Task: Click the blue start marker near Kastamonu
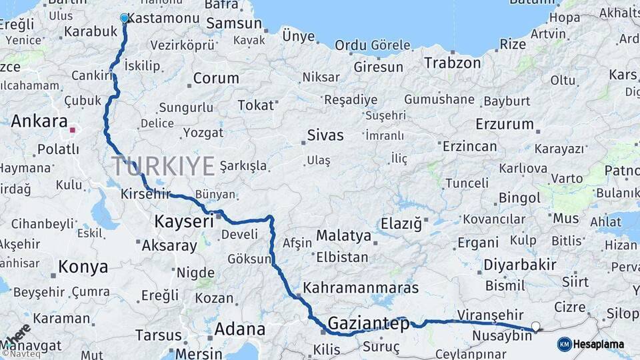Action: pyautogui.click(x=124, y=18)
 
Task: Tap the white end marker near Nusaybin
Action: pyautogui.click(x=535, y=327)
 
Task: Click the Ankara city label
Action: pyautogui.click(x=39, y=122)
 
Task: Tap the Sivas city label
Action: pyautogui.click(x=325, y=135)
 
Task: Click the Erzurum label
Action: pyautogui.click(x=505, y=124)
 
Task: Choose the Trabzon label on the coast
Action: pyautogui.click(x=453, y=63)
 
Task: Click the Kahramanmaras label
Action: pyautogui.click(x=361, y=288)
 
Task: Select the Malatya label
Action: pyautogui.click(x=343, y=235)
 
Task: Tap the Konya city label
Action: pyautogui.click(x=83, y=267)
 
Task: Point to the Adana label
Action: pyautogui.click(x=239, y=329)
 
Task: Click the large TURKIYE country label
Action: pyautogui.click(x=163, y=165)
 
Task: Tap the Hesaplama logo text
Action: pyautogui.click(x=599, y=344)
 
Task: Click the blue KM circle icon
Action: pyautogui.click(x=564, y=344)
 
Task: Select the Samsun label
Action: pyautogui.click(x=234, y=23)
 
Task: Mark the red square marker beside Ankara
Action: pyautogui.click(x=73, y=130)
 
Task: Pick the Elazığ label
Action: pyautogui.click(x=401, y=224)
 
